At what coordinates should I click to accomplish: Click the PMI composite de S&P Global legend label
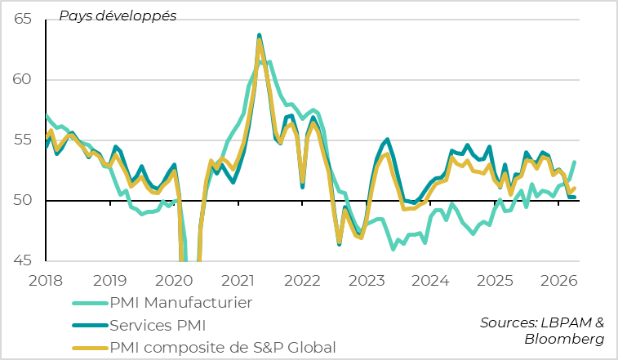pyautogui.click(x=223, y=347)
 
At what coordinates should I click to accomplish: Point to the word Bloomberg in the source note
pyautogui.click(x=564, y=338)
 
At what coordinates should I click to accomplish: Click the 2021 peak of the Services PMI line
pyautogui.click(x=260, y=35)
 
